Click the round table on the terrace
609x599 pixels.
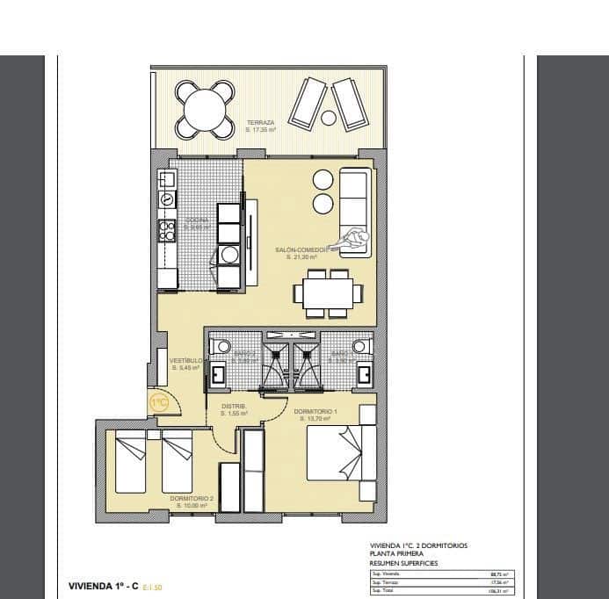point(204,111)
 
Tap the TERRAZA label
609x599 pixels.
point(261,123)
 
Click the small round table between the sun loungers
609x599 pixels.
point(329,118)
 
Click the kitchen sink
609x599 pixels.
point(167,200)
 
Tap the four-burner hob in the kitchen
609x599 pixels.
point(167,230)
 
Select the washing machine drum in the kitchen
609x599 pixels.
point(229,255)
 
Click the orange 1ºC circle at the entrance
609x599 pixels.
point(159,403)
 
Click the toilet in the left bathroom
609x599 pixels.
point(221,346)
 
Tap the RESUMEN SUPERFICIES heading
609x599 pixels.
point(403,563)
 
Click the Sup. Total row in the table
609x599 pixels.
point(439,590)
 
